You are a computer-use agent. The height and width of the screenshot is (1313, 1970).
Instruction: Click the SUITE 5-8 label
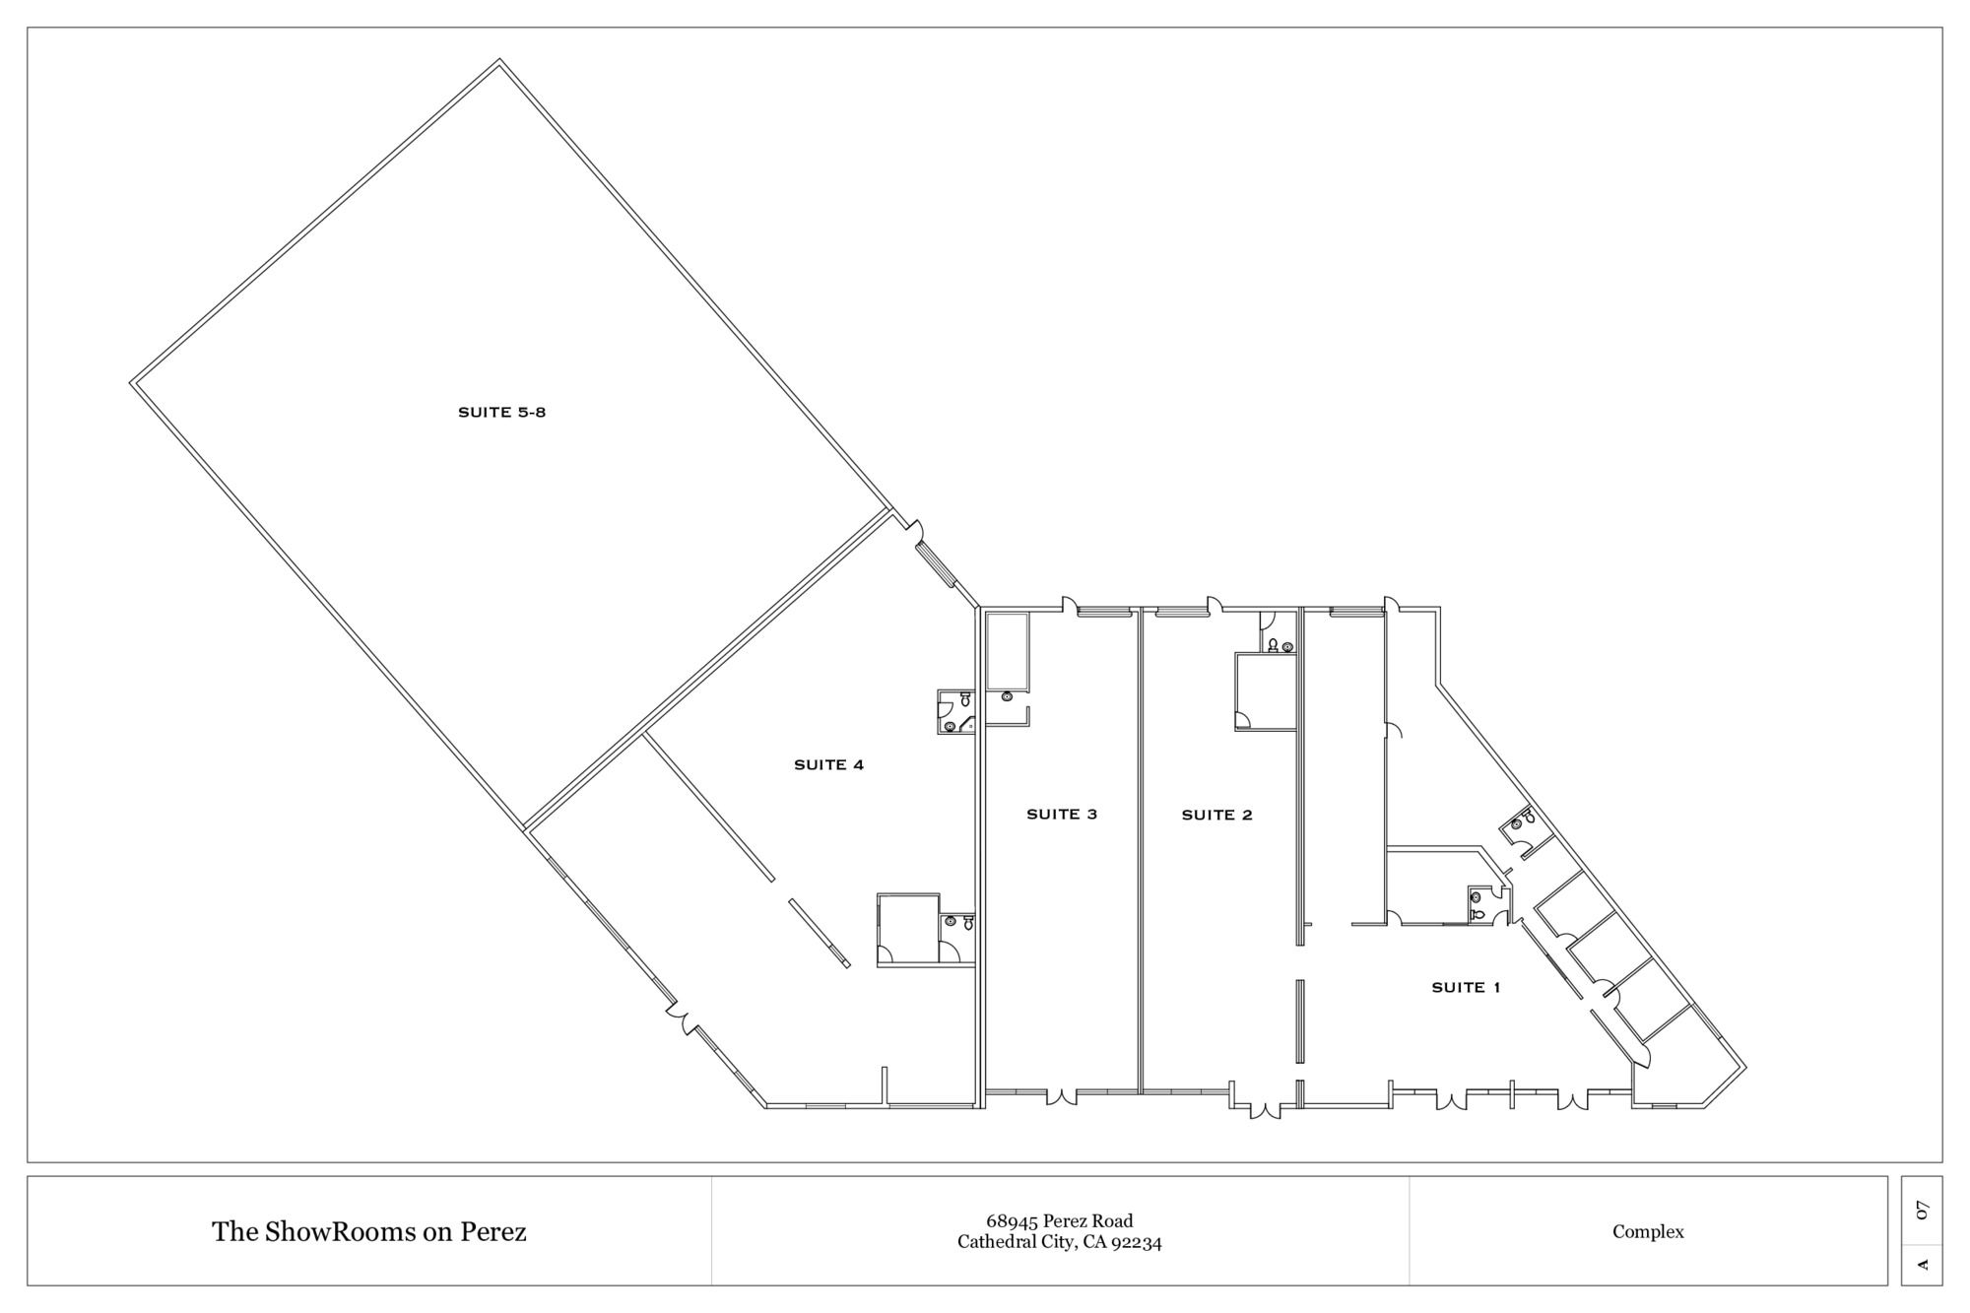[501, 413]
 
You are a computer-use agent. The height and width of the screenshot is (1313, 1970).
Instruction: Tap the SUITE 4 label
[828, 764]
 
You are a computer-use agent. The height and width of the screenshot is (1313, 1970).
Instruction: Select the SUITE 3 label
[1061, 814]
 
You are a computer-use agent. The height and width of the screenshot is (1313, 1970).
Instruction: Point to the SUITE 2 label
[1216, 815]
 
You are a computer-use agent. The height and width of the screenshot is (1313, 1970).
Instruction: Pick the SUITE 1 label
[1466, 987]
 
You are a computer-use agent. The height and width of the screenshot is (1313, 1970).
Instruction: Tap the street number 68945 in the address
[1012, 1221]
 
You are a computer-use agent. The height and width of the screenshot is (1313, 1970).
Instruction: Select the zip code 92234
[1138, 1243]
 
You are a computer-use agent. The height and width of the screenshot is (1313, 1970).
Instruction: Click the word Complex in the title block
[1648, 1232]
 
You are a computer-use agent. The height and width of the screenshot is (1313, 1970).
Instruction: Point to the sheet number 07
[1922, 1211]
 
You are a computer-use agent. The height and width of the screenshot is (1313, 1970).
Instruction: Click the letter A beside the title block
[1922, 1264]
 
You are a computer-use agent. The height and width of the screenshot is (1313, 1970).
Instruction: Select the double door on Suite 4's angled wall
[682, 1018]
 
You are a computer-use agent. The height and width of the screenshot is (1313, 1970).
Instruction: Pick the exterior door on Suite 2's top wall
[1215, 604]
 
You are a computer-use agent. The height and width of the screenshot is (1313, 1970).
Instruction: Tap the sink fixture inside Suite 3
[1006, 696]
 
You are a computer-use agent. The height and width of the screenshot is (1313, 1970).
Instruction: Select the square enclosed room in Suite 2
[1266, 692]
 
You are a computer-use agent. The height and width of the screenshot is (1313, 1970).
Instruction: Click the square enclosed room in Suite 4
[908, 930]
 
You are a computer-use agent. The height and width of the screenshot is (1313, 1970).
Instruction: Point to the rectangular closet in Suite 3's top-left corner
[1008, 650]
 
